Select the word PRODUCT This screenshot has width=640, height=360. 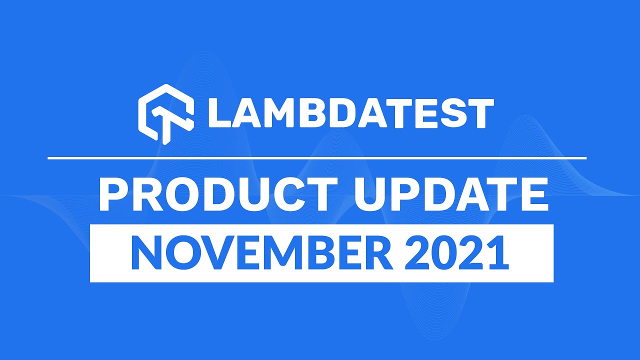tap(218, 194)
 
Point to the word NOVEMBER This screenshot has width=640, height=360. tap(261, 253)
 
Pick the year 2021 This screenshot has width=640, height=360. tap(456, 253)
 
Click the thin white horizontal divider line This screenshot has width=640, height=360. tap(317, 158)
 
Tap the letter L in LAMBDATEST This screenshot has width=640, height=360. tap(219, 113)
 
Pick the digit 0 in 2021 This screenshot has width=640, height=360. tap(443, 253)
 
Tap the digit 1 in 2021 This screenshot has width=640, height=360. tap(498, 253)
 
